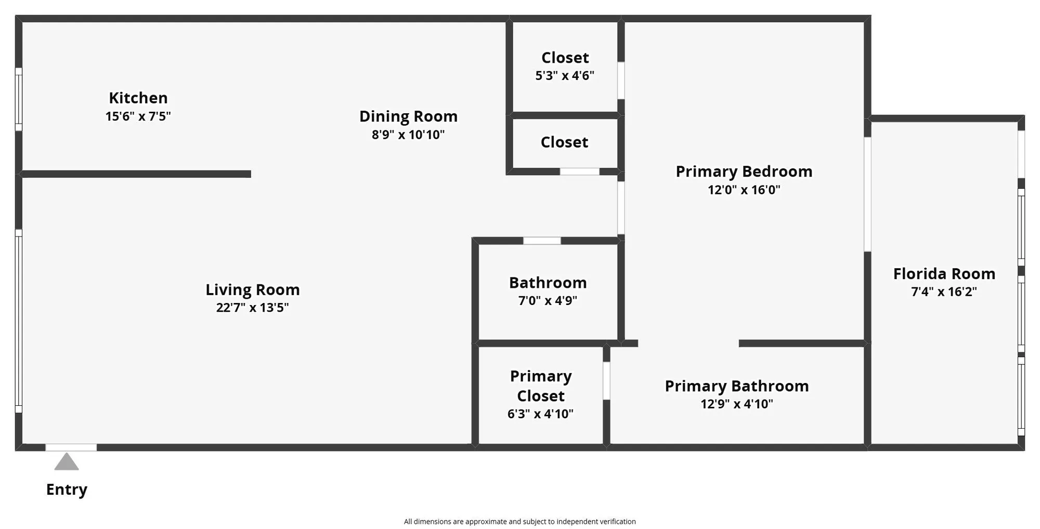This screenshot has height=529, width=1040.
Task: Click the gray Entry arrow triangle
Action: pyautogui.click(x=67, y=462)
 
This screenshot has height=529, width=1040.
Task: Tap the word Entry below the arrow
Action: pyautogui.click(x=67, y=490)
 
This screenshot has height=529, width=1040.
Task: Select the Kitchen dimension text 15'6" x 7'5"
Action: pyautogui.click(x=138, y=116)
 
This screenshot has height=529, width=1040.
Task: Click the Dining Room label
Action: pyautogui.click(x=408, y=116)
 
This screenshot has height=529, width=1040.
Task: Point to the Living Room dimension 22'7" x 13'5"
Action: pyautogui.click(x=252, y=308)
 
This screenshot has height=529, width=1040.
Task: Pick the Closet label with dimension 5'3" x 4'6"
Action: pyautogui.click(x=565, y=58)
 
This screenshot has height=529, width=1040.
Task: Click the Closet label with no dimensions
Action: pyautogui.click(x=564, y=142)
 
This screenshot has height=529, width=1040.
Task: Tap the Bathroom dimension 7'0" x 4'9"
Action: pyautogui.click(x=548, y=300)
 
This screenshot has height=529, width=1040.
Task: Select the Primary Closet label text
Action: pyautogui.click(x=540, y=386)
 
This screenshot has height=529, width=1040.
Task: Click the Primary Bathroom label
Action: pyautogui.click(x=736, y=386)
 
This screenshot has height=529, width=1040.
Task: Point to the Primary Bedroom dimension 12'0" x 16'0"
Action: pyautogui.click(x=744, y=190)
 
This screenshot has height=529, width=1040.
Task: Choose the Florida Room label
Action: pyautogui.click(x=944, y=274)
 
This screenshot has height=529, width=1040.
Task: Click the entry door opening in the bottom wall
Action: pyautogui.click(x=71, y=447)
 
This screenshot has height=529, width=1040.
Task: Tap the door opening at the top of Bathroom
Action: pyautogui.click(x=542, y=241)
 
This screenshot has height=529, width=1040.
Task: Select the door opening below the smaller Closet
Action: pyautogui.click(x=579, y=171)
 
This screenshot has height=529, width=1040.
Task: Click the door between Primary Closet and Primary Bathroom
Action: pyautogui.click(x=606, y=380)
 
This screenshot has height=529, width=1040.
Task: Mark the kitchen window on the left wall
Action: pyautogui.click(x=19, y=99)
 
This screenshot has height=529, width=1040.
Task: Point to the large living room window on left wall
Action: pyautogui.click(x=19, y=321)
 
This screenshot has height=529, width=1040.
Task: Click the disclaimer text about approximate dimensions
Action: pyautogui.click(x=519, y=521)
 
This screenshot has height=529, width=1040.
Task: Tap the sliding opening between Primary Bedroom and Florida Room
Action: pyautogui.click(x=867, y=194)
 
